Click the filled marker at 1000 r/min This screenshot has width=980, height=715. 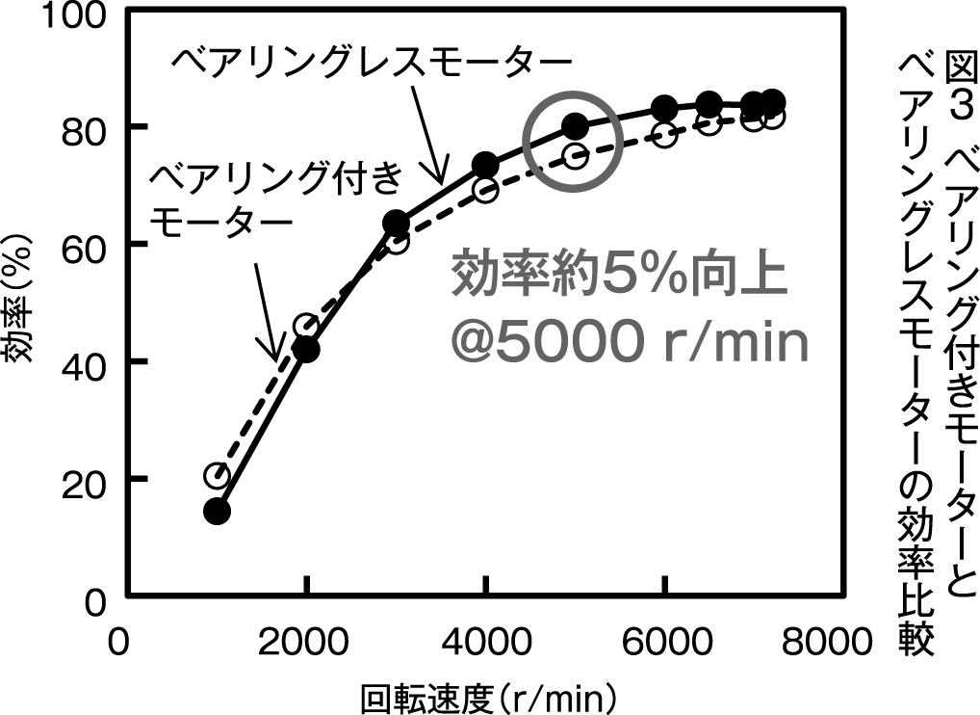point(218,511)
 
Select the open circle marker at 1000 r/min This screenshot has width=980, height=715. point(217,475)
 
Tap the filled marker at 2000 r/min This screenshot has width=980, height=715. point(306,350)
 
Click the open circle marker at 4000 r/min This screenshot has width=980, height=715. point(485,189)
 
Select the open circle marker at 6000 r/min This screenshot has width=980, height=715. point(664,135)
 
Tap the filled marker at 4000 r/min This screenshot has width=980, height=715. point(485,165)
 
